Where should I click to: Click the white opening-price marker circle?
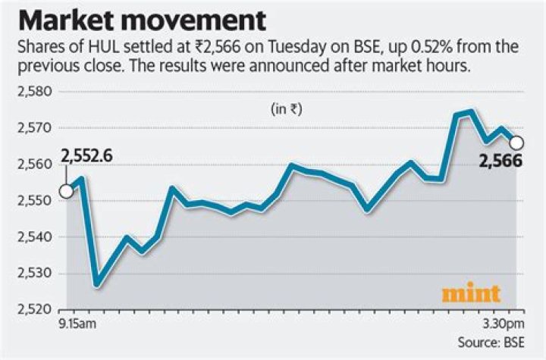click(x=66, y=191)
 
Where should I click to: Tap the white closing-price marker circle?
click(x=516, y=142)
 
